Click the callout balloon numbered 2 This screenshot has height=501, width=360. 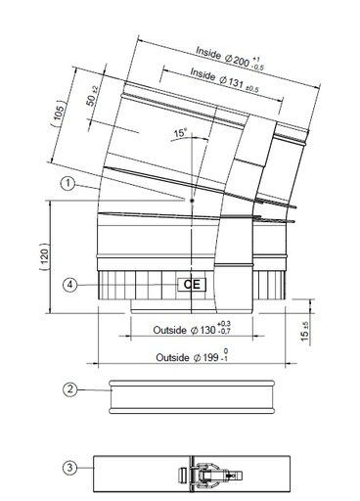click(69, 389)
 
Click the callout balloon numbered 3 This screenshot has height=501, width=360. click(69, 468)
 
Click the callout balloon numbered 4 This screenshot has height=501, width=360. click(69, 285)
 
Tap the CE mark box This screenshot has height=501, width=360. click(190, 285)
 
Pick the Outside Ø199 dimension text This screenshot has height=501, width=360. click(186, 358)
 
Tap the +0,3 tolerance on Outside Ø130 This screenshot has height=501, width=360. click(225, 324)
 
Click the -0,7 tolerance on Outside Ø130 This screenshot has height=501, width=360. click(225, 334)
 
